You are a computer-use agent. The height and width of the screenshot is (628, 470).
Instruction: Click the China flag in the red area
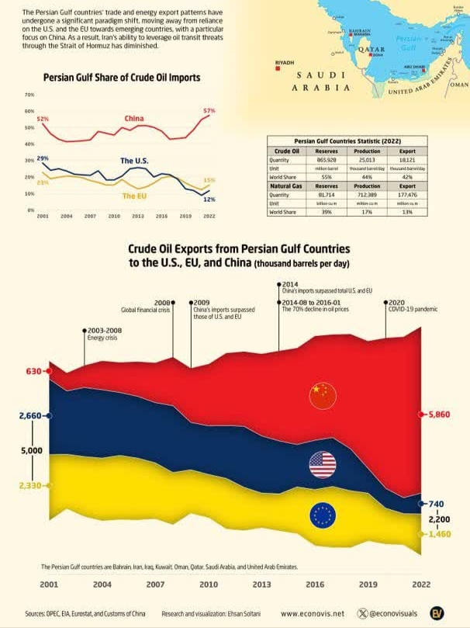(x=323, y=395)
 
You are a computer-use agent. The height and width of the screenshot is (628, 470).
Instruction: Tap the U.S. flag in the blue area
(x=322, y=464)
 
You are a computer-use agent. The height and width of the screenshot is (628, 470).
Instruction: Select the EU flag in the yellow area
(x=322, y=515)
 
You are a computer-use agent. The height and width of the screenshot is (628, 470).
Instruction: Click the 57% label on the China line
(x=209, y=111)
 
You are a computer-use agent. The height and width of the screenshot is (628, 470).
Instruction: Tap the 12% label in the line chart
(x=209, y=200)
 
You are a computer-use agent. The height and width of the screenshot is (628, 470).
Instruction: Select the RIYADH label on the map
(x=285, y=61)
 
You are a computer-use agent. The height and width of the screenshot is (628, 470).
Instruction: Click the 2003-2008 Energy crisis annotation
(x=102, y=333)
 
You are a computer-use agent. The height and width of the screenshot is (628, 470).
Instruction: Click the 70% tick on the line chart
(x=30, y=95)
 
